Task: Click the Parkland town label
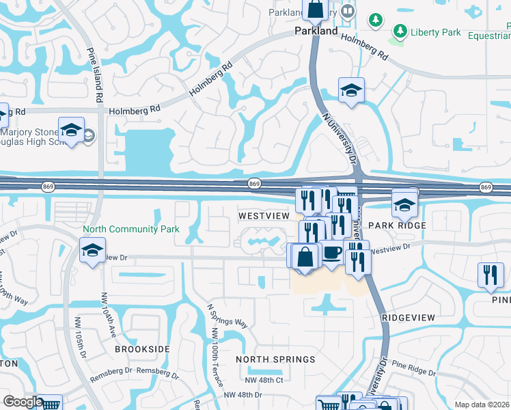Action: (x=316, y=31)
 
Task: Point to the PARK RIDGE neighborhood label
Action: (x=397, y=225)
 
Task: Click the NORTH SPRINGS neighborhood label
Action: (x=275, y=359)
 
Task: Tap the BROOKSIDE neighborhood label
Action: (x=142, y=349)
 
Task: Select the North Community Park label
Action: (x=130, y=230)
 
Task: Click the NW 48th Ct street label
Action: (x=262, y=380)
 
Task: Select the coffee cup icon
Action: (x=332, y=254)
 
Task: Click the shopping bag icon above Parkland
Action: (x=316, y=10)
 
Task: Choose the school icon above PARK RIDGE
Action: (x=404, y=204)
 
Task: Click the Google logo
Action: (x=23, y=402)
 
